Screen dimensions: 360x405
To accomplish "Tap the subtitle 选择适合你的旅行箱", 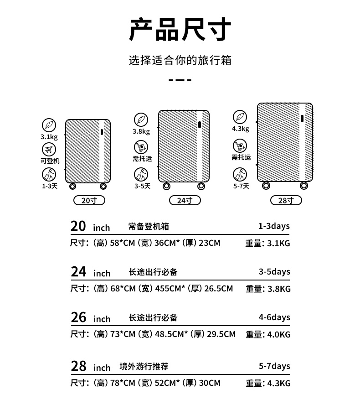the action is tap(180, 60).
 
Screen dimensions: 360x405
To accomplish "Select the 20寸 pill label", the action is tap(89, 200).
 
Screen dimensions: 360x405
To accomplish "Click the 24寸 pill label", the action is tap(185, 200).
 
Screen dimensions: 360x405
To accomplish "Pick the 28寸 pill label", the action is tap(286, 200).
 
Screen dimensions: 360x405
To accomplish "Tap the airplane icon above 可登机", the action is tap(49, 149).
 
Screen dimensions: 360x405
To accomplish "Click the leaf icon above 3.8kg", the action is tap(141, 119).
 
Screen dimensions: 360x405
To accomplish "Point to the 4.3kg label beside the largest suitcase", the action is tap(241, 129).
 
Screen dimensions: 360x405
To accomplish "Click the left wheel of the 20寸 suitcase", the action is tap(72, 186).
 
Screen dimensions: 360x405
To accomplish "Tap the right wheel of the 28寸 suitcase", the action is tap(304, 185).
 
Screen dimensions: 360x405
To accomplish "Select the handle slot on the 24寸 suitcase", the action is tap(199, 125).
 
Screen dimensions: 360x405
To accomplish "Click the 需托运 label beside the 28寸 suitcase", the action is tap(241, 157).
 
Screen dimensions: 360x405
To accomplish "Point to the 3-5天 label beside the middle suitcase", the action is tap(142, 186).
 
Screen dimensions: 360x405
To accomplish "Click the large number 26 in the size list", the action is tap(78, 317).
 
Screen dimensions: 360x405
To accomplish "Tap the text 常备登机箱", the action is tap(149, 227).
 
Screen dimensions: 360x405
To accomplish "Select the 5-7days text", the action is tap(274, 366).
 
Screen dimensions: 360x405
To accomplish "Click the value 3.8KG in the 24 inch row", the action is tap(279, 289).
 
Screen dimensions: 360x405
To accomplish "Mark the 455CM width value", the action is tap(169, 289).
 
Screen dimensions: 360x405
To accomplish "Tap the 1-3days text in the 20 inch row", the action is tap(274, 226).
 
